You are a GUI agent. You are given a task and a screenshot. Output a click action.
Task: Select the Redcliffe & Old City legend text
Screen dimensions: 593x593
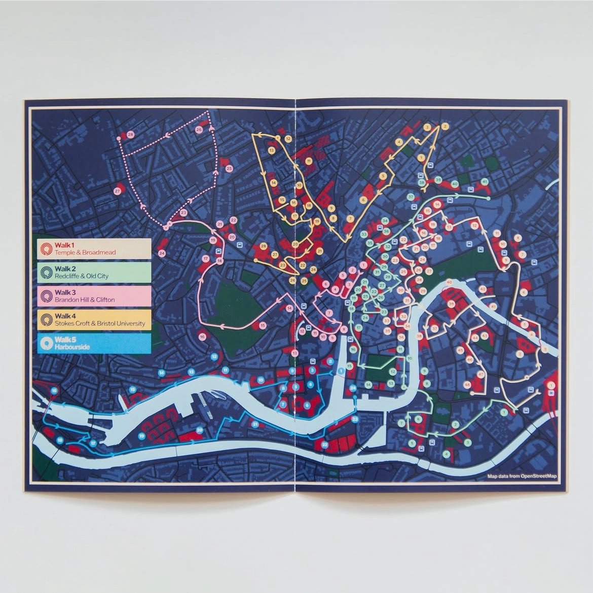(82, 276)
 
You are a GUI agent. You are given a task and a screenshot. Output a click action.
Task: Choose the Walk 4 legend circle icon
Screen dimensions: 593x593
(47, 319)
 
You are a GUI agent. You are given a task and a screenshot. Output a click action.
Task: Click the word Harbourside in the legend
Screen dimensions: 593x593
(72, 347)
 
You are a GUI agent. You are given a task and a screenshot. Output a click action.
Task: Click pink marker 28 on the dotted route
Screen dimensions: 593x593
(131, 134)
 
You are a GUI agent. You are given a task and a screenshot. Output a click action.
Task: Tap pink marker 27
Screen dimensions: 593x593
(118, 191)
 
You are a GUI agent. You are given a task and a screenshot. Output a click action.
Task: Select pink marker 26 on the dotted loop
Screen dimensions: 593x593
(199, 130)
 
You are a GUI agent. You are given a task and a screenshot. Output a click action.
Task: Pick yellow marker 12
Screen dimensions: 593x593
(288, 138)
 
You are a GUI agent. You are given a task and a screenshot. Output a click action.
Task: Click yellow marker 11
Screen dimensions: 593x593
(309, 161)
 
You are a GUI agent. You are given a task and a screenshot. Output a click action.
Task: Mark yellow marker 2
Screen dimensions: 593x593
(444, 126)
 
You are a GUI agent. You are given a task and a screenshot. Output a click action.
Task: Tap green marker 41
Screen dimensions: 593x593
(485, 181)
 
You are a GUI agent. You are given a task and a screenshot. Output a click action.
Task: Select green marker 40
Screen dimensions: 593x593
(455, 183)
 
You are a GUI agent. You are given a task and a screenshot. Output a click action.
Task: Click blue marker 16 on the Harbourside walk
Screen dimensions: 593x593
(54, 391)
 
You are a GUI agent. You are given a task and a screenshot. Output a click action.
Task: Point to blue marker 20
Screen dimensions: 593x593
(200, 430)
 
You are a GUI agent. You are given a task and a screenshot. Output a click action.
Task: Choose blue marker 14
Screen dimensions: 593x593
(162, 373)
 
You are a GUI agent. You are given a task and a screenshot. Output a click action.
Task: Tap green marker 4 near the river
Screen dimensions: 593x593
(446, 454)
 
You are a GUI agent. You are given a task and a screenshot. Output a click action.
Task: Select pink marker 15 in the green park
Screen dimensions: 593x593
(262, 325)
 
